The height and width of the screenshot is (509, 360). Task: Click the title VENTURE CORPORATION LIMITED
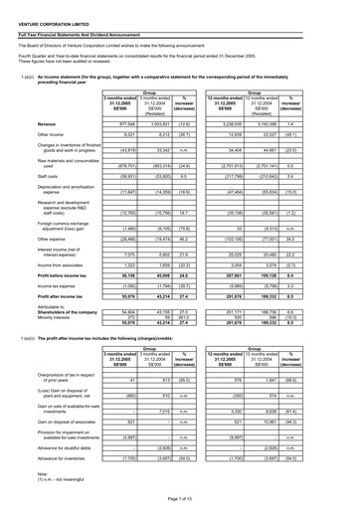pos(49,15)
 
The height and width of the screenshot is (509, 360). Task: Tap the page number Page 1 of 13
pos(179,502)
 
